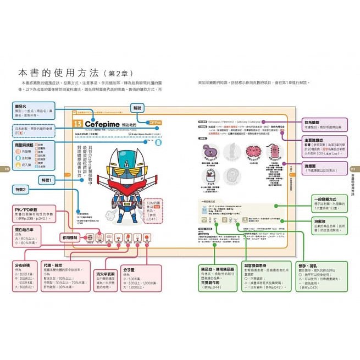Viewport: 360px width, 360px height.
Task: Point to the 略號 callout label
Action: (138, 108)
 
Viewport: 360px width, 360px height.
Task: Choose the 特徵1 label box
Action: (46, 180)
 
